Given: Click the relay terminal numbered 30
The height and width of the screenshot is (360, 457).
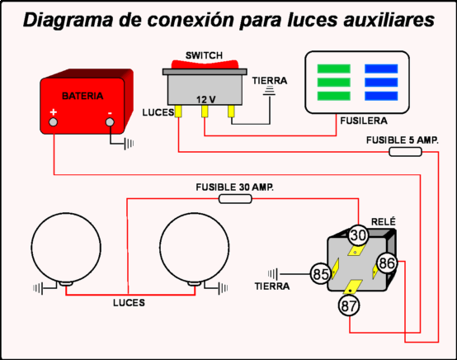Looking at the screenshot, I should [356, 235].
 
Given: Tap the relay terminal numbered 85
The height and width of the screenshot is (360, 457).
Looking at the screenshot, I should [319, 273].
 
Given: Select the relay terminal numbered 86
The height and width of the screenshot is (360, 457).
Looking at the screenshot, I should [387, 264].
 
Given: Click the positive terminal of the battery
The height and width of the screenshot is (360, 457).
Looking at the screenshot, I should [54, 123].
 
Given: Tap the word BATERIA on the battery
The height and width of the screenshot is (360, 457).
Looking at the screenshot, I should [83, 95].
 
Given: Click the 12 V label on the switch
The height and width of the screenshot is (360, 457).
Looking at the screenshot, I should [205, 99].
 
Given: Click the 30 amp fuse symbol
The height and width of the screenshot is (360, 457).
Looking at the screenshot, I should [235, 199].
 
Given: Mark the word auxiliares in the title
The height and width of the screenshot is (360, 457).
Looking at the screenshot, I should [379, 21].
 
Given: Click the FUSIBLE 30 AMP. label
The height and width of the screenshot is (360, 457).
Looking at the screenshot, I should [235, 187].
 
